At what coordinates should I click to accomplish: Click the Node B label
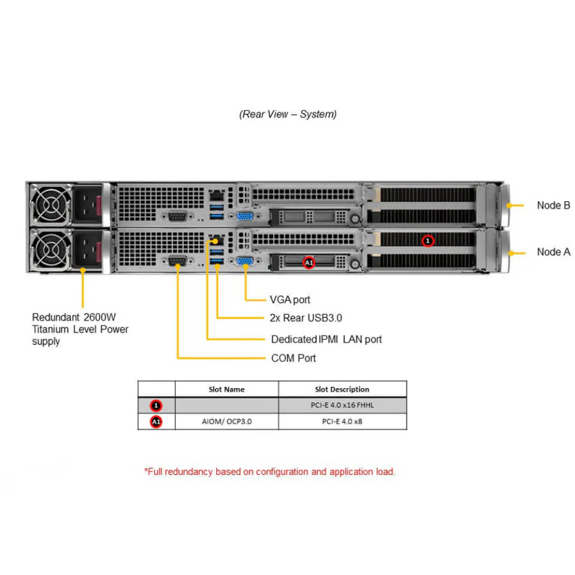(553, 205)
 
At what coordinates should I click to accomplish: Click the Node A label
(553, 252)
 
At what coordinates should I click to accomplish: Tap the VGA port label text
(290, 300)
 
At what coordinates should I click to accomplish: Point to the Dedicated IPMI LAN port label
(326, 339)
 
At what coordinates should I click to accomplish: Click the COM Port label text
(293, 358)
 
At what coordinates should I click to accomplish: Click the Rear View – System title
(287, 114)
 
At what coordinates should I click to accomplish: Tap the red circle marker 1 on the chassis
(427, 240)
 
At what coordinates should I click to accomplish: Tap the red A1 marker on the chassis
(309, 262)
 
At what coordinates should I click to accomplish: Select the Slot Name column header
(227, 389)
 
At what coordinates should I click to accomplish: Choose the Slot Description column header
(342, 389)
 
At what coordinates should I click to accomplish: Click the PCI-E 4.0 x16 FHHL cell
(342, 405)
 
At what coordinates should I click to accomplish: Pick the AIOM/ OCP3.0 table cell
(227, 421)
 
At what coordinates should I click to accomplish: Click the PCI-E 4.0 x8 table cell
(342, 421)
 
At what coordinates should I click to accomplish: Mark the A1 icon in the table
(156, 422)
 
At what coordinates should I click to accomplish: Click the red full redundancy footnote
(269, 471)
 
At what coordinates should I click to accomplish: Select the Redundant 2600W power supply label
(80, 329)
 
